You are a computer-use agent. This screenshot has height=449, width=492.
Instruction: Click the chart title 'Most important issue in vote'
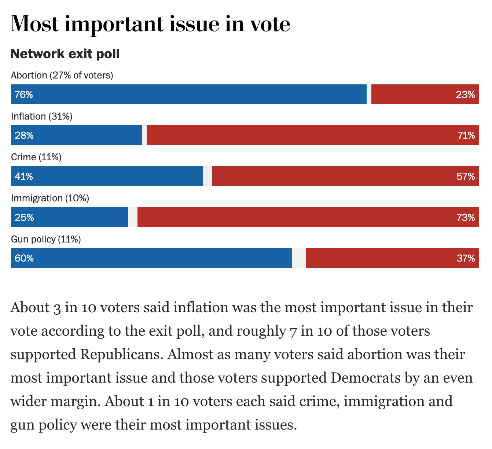pos(150,24)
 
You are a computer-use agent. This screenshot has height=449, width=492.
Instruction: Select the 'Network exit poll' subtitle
pos(65,54)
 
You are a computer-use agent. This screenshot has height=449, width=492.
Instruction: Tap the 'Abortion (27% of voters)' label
pos(62,75)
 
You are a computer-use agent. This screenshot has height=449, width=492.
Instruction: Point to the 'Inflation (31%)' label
pos(41,116)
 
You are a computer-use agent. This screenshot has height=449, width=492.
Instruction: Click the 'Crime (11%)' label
pos(36,157)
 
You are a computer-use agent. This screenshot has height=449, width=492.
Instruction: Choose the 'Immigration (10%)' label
pos(50,198)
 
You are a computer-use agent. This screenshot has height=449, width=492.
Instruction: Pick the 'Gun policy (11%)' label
pos(46,240)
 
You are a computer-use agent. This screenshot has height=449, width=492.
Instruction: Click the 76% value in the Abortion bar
pos(24,95)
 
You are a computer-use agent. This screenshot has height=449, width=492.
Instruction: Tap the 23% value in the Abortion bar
pos(465,95)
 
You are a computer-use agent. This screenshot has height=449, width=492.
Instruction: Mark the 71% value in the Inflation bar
pos(466,135)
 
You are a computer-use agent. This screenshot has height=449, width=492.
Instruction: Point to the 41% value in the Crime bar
pos(24,176)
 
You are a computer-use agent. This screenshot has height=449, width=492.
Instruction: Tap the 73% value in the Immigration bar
pos(466,218)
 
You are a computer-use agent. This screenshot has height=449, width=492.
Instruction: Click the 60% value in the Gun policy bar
pos(24,258)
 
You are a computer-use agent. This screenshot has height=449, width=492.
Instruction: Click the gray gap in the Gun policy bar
pos(299,258)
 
